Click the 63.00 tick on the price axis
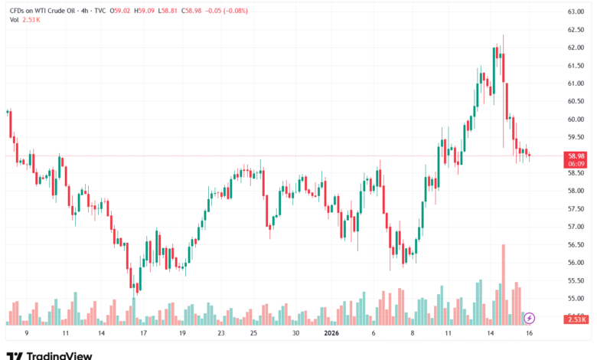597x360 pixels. click(x=576, y=11)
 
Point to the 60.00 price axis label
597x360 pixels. click(x=576, y=119)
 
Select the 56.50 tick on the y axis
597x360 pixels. click(x=576, y=245)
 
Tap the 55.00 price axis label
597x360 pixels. click(x=576, y=299)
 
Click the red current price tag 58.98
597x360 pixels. click(x=576, y=155)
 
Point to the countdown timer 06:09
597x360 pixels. click(x=576, y=164)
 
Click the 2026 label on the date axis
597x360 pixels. click(x=331, y=334)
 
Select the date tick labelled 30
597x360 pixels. click(x=295, y=334)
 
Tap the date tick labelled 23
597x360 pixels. click(x=220, y=334)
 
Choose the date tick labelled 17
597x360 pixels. click(x=143, y=334)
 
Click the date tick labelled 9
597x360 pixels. click(x=27, y=334)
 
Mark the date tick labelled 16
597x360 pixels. click(x=528, y=334)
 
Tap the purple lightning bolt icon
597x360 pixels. click(x=529, y=317)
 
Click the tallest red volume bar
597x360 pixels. click(x=504, y=283)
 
